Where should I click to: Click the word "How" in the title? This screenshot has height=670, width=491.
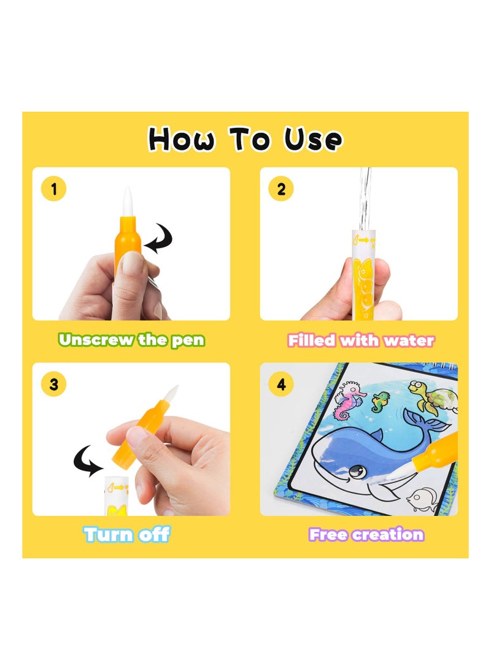[182, 139]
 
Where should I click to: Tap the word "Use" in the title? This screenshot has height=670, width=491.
[312, 139]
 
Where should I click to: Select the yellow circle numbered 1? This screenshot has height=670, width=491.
[54, 189]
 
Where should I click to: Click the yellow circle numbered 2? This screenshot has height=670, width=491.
[281, 189]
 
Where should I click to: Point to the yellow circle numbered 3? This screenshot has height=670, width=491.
[54, 384]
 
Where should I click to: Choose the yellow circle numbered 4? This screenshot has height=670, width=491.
[281, 384]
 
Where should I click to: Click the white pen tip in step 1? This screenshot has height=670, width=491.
[126, 200]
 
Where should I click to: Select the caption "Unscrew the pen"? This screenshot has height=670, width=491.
[131, 340]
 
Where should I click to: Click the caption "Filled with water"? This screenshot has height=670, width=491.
[361, 340]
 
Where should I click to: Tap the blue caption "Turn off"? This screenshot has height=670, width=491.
[127, 534]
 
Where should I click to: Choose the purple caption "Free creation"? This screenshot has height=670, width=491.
[366, 534]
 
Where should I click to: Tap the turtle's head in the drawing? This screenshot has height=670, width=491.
[417, 388]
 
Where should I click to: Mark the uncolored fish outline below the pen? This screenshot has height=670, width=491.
[424, 498]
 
